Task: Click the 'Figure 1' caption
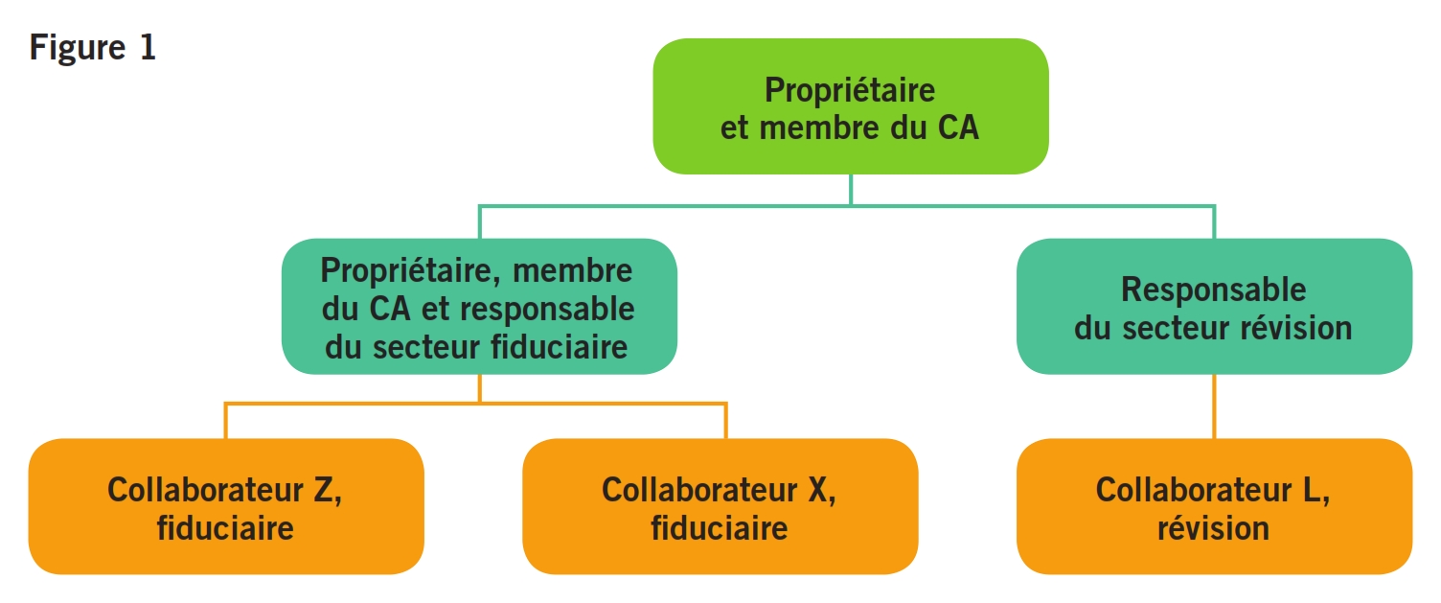(92, 48)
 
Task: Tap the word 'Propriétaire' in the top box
(850, 90)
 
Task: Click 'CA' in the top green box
(955, 128)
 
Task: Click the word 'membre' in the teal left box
(573, 271)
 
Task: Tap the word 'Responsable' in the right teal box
(1213, 290)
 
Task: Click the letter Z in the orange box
(324, 489)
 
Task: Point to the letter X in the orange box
(816, 489)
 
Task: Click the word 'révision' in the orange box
(1213, 527)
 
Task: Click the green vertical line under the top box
(850, 189)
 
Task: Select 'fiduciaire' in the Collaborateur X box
(720, 527)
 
